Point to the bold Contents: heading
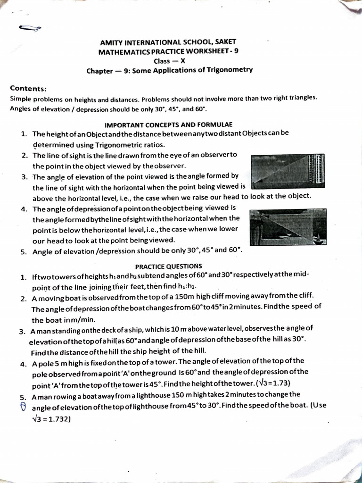[x=28, y=89]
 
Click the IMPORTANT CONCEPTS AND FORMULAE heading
[x=168, y=125]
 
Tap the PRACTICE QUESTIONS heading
[x=169, y=266]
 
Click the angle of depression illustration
[x=288, y=227]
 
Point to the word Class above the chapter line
[x=162, y=61]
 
